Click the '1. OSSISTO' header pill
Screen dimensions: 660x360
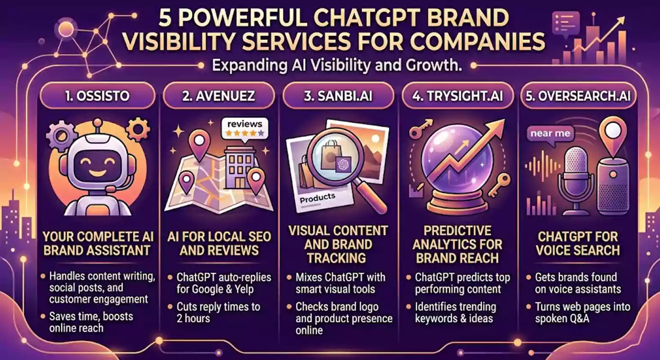click(x=98, y=96)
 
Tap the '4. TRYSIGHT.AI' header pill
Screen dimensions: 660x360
click(x=458, y=96)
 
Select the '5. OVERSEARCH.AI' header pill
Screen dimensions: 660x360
click(x=578, y=96)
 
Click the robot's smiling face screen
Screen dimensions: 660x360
click(x=98, y=165)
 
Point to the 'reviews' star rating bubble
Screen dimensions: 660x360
click(x=245, y=129)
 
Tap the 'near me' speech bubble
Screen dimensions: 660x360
click(x=550, y=134)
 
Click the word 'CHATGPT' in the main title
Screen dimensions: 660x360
click(x=368, y=18)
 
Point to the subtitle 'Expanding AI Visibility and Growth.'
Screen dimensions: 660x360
click(x=336, y=66)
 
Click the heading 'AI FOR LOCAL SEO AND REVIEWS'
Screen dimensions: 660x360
click(x=219, y=243)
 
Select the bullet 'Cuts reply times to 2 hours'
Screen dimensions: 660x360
click(x=218, y=312)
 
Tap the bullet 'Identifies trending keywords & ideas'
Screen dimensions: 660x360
click(x=456, y=312)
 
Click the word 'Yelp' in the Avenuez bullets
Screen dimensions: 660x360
click(x=242, y=289)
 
